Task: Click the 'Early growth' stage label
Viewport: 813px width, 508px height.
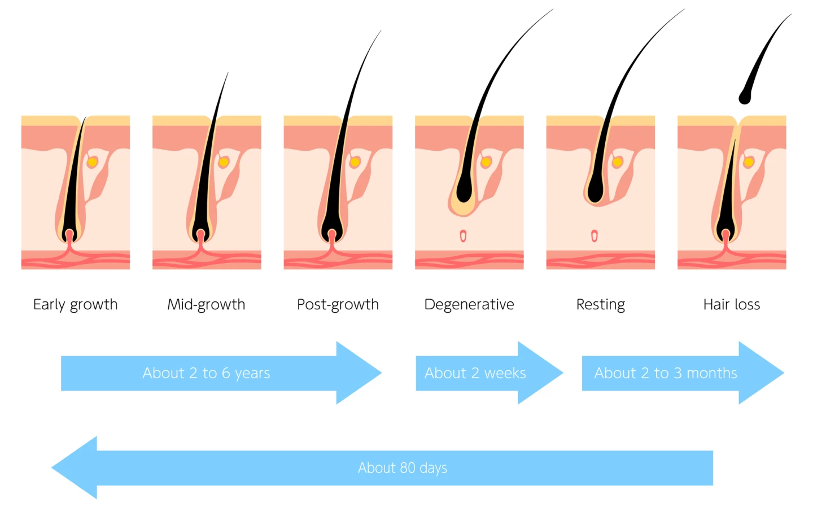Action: point(75,305)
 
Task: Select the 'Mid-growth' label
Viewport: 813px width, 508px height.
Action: point(206,305)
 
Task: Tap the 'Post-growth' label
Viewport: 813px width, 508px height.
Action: point(338,305)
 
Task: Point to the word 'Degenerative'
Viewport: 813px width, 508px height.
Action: point(469,305)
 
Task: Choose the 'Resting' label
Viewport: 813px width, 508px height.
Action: point(600,305)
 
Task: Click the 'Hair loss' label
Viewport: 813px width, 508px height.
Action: point(731,305)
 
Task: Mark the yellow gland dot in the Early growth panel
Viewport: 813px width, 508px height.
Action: point(93,163)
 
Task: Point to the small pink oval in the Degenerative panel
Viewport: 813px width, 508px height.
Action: point(463,236)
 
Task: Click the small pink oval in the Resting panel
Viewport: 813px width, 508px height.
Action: point(594,236)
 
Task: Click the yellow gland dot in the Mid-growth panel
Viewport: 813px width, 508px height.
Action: point(224,163)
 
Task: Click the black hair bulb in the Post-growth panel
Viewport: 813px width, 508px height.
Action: point(331,233)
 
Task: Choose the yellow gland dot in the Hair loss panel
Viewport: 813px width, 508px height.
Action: point(749,163)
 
